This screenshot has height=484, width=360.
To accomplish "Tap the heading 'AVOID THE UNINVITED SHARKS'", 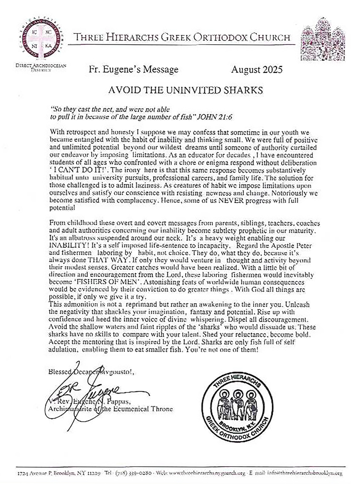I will coord(180,90).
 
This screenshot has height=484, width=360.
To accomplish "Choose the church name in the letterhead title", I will coord(182,37).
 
